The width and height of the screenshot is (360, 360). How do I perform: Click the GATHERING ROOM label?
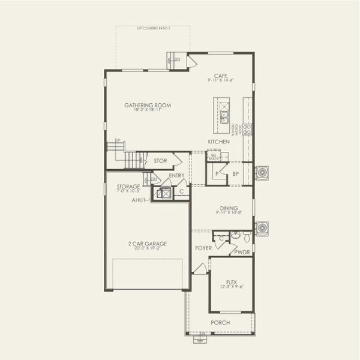click(148, 106)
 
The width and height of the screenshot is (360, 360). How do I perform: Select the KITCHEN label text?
click(218, 142)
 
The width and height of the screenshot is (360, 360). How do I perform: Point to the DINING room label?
click(228, 208)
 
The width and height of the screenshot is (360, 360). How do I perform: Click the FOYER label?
click(203, 247)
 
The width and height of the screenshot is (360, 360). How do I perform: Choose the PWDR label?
click(242, 252)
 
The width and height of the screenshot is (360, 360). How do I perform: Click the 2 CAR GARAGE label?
click(147, 244)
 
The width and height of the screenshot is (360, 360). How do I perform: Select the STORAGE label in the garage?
click(128, 187)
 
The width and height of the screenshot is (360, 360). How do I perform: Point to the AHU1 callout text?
click(139, 200)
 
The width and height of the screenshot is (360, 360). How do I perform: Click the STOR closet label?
click(160, 161)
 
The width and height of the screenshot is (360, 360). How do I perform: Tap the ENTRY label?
click(176, 176)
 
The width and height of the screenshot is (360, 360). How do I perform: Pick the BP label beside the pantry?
click(236, 173)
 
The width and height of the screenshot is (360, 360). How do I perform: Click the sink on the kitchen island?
click(224, 116)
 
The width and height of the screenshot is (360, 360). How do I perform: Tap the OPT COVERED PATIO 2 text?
click(154, 28)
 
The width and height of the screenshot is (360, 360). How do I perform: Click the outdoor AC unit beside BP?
click(262, 173)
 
